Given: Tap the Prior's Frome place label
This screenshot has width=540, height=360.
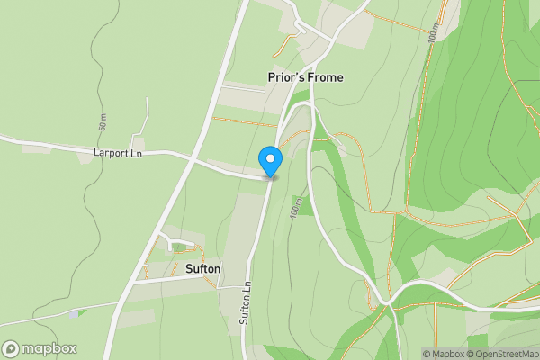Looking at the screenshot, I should (x=305, y=77).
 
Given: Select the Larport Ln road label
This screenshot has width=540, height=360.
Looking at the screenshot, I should (x=118, y=153).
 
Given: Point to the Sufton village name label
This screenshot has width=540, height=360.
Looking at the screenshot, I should (x=202, y=268).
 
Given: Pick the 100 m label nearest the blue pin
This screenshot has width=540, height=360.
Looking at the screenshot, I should (x=295, y=210).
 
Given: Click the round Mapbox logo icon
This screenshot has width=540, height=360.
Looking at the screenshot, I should (x=12, y=348).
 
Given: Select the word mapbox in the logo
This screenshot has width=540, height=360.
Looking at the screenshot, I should (x=49, y=348).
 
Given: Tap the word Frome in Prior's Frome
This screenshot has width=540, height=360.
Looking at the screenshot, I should (x=326, y=77).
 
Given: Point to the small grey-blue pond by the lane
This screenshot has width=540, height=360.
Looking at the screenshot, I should (x=74, y=313).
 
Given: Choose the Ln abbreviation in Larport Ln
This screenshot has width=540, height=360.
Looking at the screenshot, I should (x=137, y=153).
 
